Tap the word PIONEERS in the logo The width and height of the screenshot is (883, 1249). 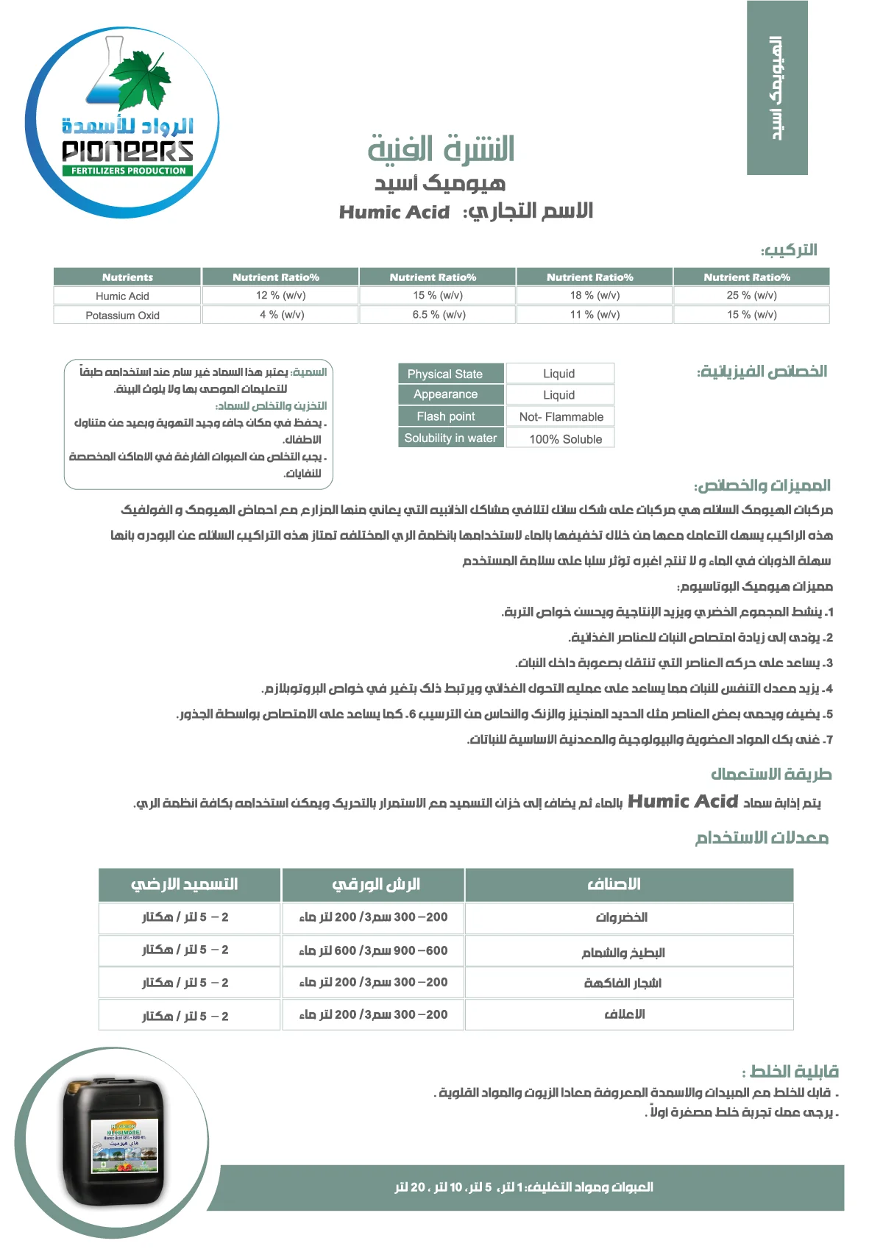click(128, 152)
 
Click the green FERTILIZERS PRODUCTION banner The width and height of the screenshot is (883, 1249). click(128, 171)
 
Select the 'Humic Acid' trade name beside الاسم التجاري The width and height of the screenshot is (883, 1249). click(394, 213)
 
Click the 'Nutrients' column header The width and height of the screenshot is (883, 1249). click(127, 277)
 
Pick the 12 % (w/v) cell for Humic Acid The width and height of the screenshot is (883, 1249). click(280, 296)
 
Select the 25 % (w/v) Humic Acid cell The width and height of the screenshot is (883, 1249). click(751, 296)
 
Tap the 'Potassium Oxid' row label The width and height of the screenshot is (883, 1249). click(122, 316)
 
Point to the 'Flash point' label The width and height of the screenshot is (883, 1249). click(446, 416)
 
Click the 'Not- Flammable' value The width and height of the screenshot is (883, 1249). click(561, 417)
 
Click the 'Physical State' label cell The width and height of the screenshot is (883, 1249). click(445, 374)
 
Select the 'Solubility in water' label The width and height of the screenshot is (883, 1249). click(450, 438)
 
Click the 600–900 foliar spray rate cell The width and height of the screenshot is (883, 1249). click(373, 950)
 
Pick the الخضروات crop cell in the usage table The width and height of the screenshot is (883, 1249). click(622, 917)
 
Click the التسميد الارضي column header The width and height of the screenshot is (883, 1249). click(184, 884)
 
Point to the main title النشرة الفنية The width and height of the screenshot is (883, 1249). click(441, 149)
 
